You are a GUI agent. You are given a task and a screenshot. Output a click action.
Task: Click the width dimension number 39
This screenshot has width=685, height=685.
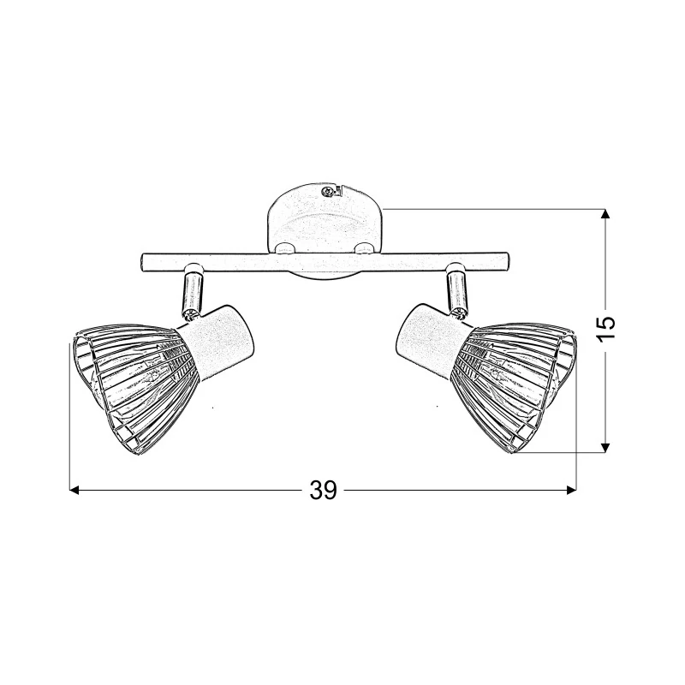click(x=324, y=490)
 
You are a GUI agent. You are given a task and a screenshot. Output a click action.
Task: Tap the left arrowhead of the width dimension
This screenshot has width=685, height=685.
click(x=74, y=490)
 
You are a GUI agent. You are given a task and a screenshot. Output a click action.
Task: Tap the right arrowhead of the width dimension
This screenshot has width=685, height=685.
click(x=571, y=490)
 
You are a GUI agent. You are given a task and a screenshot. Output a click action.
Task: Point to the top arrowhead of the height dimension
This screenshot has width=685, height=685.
click(x=605, y=214)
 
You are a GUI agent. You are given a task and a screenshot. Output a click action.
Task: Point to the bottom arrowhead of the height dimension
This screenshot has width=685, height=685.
click(x=605, y=447)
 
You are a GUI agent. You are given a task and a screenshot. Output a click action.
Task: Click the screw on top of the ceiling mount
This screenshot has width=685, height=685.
click(x=326, y=190)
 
